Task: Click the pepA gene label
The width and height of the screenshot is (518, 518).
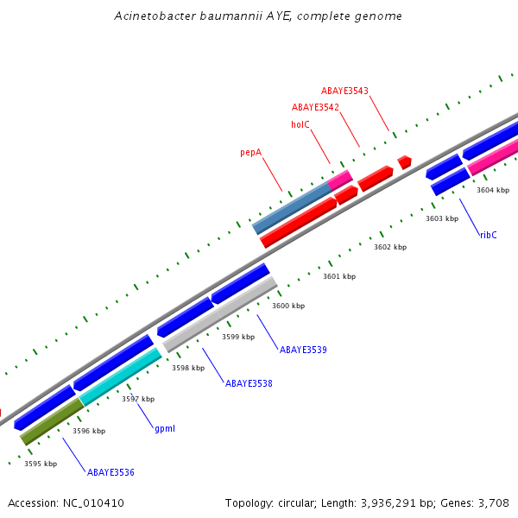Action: coord(250,153)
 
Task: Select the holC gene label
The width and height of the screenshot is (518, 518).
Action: coord(300,124)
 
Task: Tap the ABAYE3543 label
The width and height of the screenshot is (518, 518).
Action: coord(344,91)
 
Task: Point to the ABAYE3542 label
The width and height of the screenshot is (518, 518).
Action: coord(315,107)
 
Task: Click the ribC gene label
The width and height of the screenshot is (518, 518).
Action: coord(488,235)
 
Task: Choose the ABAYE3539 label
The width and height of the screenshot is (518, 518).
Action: coord(303,350)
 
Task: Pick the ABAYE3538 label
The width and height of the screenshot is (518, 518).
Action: coord(249,383)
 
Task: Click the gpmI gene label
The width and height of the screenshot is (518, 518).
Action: coord(165,428)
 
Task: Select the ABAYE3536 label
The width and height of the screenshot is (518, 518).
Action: coord(111,472)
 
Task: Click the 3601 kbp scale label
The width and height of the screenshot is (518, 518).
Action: coord(339,277)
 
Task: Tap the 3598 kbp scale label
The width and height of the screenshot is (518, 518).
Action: coord(188,368)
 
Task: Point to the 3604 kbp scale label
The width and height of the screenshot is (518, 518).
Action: coord(493,190)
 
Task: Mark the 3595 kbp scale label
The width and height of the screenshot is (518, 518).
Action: coord(41,464)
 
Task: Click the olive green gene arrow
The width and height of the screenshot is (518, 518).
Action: coord(52,420)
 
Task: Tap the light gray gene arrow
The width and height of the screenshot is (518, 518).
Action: coord(220,313)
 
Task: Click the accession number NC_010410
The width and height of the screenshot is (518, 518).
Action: coord(92,502)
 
